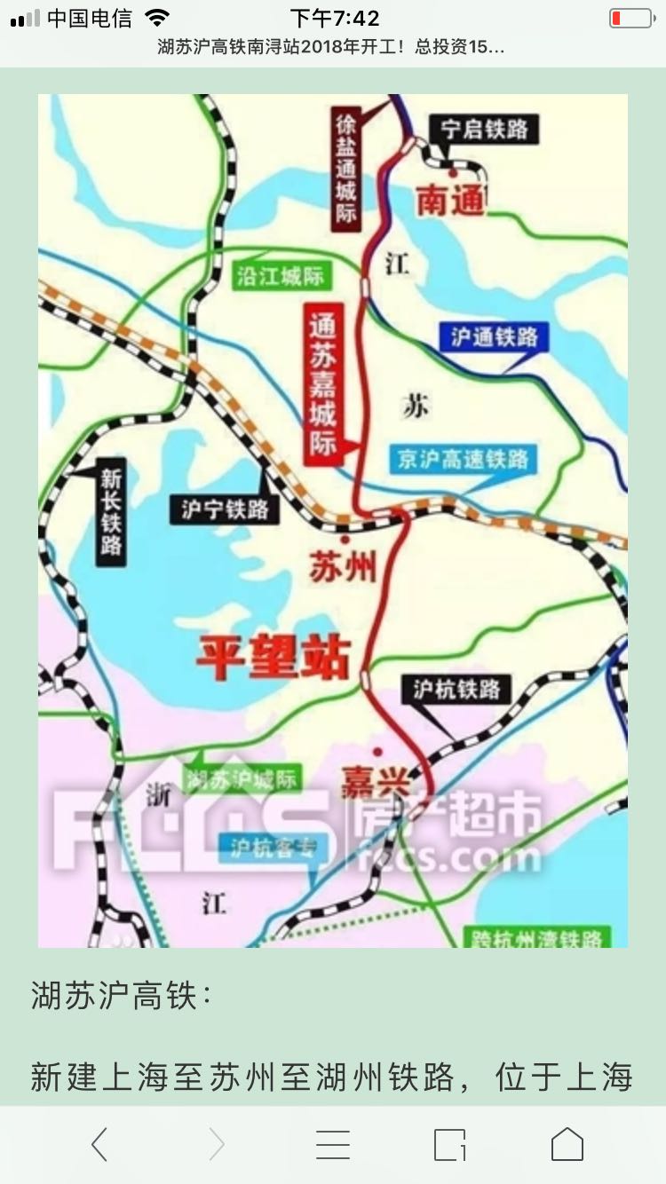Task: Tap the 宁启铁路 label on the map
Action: point(484,130)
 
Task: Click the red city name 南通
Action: point(452,201)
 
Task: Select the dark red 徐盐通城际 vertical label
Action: point(345,168)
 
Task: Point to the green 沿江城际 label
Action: point(281,276)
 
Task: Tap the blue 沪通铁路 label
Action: point(494,336)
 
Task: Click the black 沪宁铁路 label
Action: point(225,509)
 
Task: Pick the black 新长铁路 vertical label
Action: point(111,510)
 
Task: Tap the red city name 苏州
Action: point(343,565)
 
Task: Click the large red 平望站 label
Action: point(274,658)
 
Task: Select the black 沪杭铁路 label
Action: point(456,689)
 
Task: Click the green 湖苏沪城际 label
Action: point(242,780)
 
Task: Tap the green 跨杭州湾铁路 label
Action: point(536,938)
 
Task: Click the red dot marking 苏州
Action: point(345,538)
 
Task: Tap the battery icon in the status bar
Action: point(630,18)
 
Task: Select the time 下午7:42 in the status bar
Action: point(335,18)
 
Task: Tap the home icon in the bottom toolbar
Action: point(567,1145)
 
